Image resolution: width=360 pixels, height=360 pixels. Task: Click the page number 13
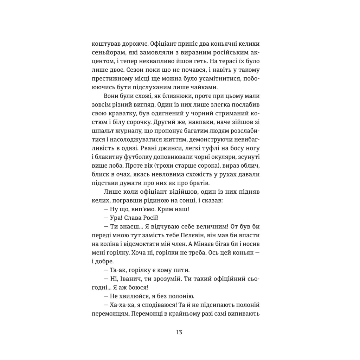pyautogui.click(x=180, y=332)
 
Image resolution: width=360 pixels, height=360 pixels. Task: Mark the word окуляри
pyautogui.click(x=220, y=164)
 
